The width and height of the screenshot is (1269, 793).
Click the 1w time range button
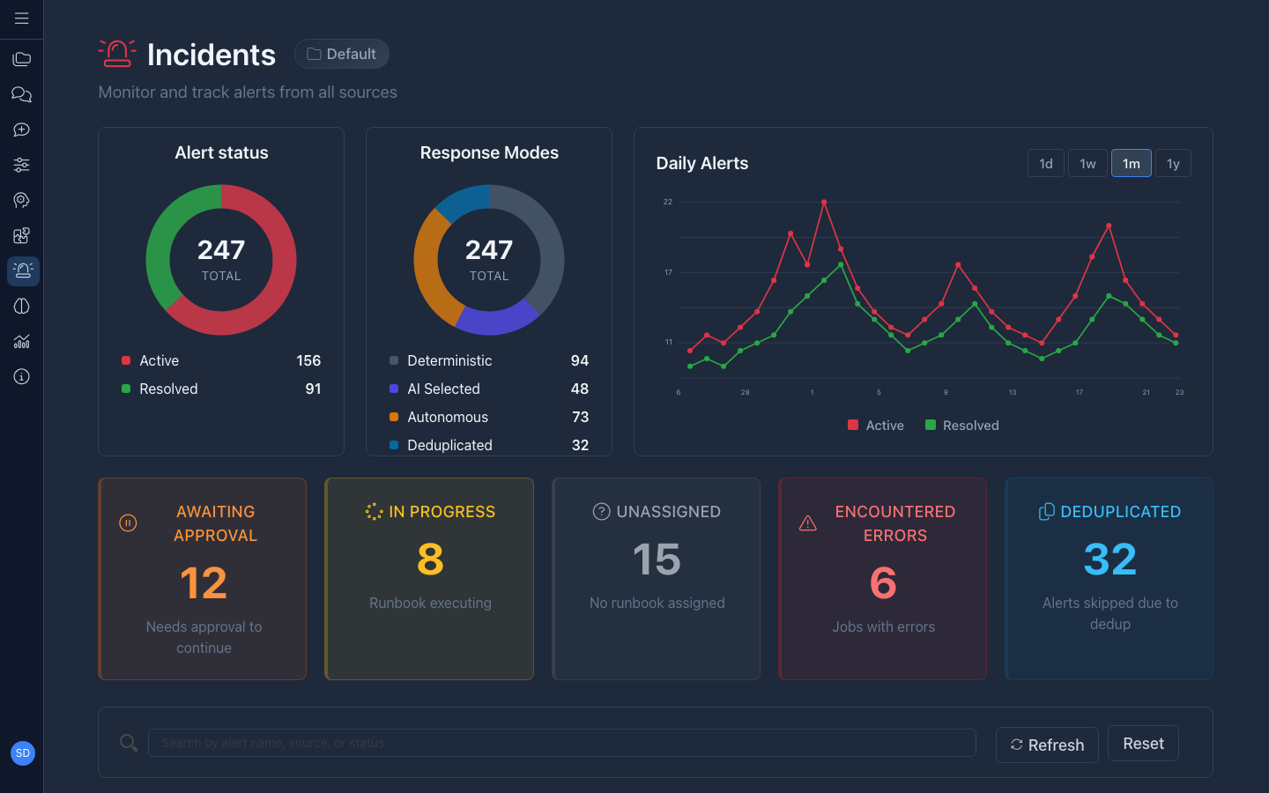(x=1087, y=164)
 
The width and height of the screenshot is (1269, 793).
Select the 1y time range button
(x=1173, y=164)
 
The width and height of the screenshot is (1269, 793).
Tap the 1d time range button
(x=1046, y=164)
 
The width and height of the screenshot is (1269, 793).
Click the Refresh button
(x=1047, y=745)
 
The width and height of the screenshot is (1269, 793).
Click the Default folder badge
(x=342, y=54)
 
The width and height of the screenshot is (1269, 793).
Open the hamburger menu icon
(x=22, y=19)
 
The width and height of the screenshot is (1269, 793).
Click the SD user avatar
(x=23, y=753)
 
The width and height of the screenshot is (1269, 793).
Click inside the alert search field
(x=561, y=743)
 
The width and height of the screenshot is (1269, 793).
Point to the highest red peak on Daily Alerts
(x=824, y=203)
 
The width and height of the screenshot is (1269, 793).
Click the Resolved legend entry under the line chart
(x=962, y=426)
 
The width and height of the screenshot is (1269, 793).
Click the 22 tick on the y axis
(x=667, y=202)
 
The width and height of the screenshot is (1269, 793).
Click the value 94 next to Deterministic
(x=579, y=360)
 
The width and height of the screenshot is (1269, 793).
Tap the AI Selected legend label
(x=443, y=389)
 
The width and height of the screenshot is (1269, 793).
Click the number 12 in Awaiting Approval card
(x=204, y=583)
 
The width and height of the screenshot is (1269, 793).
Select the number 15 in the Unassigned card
(x=657, y=560)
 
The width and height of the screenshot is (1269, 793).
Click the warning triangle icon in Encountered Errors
(x=807, y=523)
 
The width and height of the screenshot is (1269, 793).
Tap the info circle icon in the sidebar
(x=22, y=377)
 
